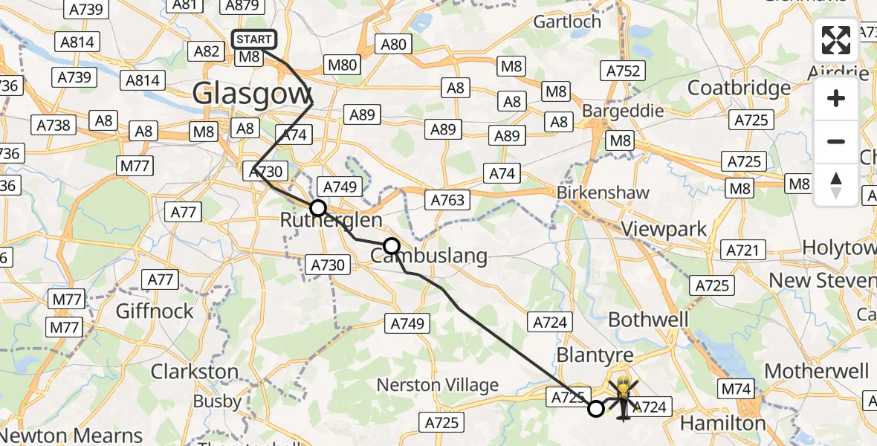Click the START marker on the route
[x=255, y=39]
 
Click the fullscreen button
[x=836, y=41]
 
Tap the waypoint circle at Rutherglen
[x=318, y=208]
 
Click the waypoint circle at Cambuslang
[x=392, y=246]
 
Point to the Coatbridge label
[x=739, y=88]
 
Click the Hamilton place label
[x=723, y=423]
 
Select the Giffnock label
[x=155, y=310]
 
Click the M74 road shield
[x=736, y=388]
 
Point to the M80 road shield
[x=343, y=65]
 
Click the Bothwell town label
[x=648, y=320]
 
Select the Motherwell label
[x=816, y=371]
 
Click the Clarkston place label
[x=195, y=371]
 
